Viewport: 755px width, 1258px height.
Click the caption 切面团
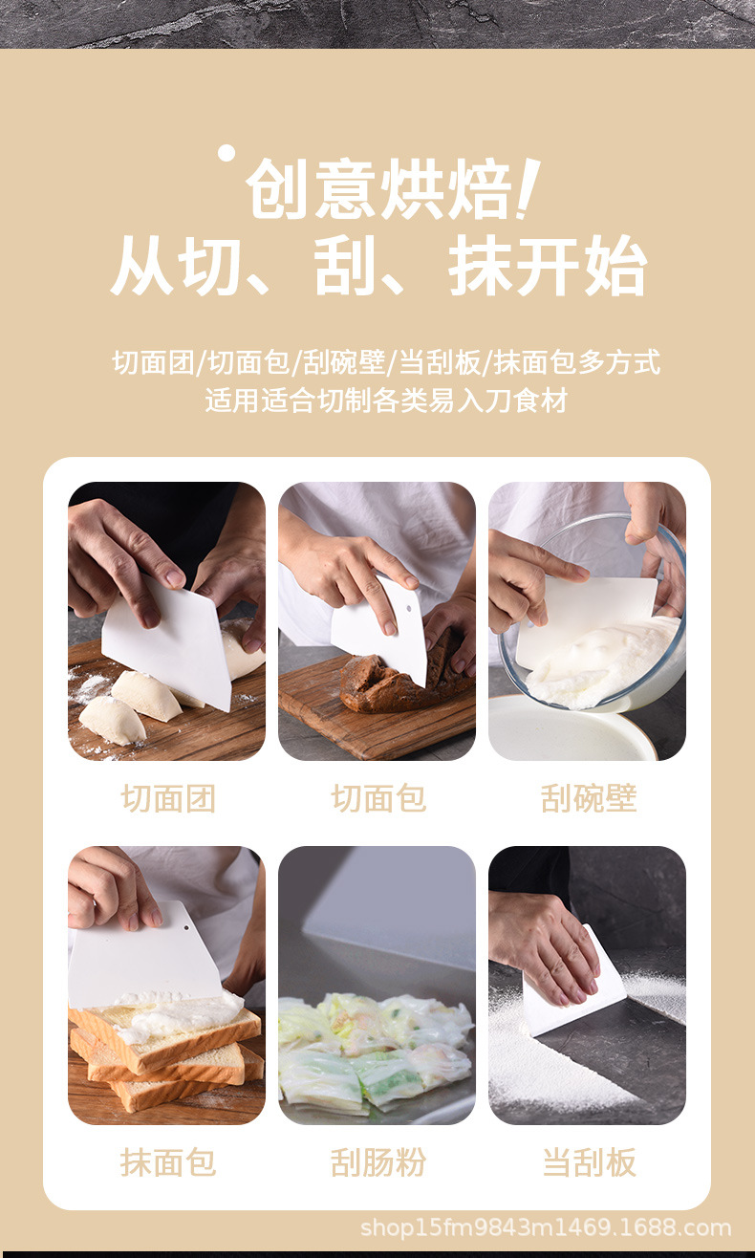167,798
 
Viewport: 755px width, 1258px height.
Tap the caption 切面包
377,798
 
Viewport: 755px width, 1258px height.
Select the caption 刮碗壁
588,798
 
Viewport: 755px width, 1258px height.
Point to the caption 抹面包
167,1162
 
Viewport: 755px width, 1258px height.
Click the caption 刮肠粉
377,1162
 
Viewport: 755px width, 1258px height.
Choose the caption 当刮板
588,1162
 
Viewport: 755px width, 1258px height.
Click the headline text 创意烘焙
377,190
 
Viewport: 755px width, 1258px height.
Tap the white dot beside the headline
226,152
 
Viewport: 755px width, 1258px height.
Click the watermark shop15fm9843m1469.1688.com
545,1227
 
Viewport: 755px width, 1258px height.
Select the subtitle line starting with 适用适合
385,400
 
